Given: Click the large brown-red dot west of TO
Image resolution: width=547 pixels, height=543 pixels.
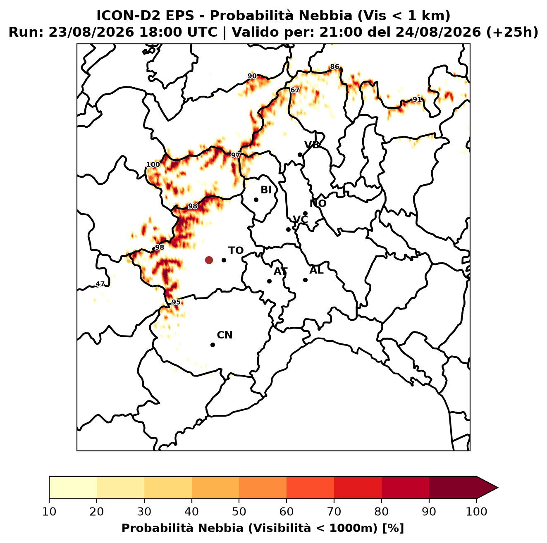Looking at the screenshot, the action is [209, 260].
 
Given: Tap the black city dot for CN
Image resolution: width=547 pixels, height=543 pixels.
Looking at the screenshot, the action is [213, 345].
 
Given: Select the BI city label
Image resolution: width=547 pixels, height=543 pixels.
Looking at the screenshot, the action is [266, 190].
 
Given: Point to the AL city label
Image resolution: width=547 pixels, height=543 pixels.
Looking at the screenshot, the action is [317, 270].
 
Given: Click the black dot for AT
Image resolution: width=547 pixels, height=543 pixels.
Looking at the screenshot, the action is [270, 281].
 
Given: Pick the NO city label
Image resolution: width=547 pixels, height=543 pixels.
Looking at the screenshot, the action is [318, 203].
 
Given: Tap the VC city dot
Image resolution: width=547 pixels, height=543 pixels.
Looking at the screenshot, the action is [289, 229].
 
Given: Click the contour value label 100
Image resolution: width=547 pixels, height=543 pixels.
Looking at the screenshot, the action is [153, 164].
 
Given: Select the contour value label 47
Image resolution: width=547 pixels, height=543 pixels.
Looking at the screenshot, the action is [100, 284].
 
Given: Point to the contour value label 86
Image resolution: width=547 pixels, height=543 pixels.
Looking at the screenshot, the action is [334, 67].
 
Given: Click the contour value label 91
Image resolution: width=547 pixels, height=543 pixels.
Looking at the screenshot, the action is [417, 99].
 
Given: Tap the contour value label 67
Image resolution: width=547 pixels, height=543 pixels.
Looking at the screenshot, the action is [295, 90].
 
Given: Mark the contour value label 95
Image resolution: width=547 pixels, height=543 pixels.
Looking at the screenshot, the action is [176, 302].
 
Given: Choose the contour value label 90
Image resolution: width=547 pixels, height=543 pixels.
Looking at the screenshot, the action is [252, 76].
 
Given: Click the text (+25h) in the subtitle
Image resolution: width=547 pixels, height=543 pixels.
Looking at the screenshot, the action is [512, 32].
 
